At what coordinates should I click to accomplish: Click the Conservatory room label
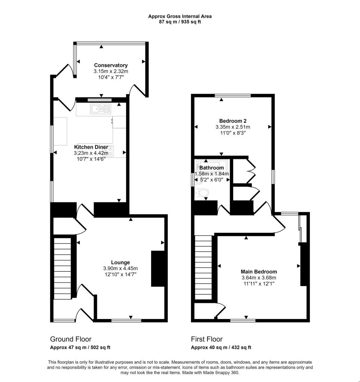click(x=111, y=65)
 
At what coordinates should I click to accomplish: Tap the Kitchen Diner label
click(x=91, y=147)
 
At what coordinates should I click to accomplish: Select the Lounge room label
click(x=120, y=262)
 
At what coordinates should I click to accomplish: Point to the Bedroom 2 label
click(x=232, y=121)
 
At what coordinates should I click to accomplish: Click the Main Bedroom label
click(x=259, y=272)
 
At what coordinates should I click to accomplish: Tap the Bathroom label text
click(x=212, y=168)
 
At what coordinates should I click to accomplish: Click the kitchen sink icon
click(x=100, y=109)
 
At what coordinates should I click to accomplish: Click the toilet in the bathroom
click(x=202, y=193)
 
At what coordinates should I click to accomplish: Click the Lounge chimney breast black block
click(x=157, y=269)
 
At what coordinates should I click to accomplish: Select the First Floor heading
click(x=207, y=339)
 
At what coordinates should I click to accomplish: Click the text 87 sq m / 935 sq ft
click(x=180, y=22)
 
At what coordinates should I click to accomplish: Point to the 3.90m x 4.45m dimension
click(x=120, y=268)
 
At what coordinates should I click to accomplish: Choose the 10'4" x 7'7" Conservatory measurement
click(x=111, y=77)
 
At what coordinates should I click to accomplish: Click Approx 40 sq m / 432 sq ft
click(x=221, y=347)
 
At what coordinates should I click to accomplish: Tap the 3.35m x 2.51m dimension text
click(x=232, y=127)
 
